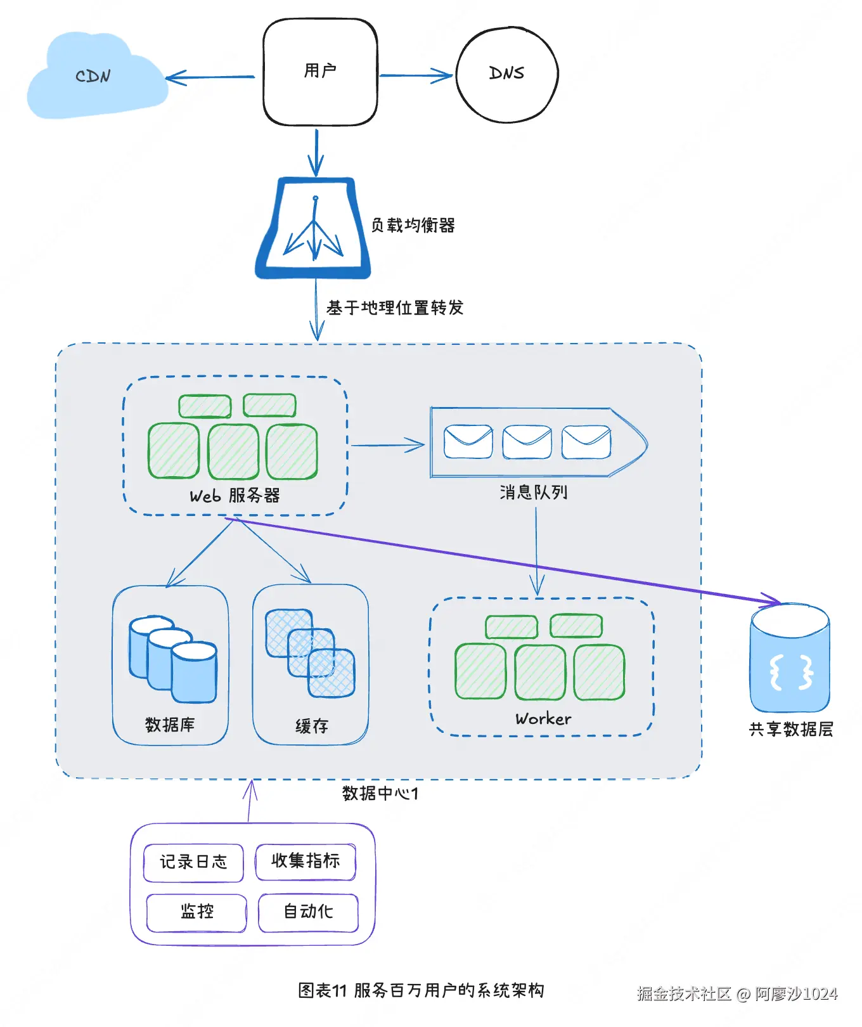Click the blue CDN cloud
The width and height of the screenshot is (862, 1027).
96,77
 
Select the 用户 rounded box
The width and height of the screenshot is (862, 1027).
320,72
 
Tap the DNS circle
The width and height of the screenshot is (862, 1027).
507,74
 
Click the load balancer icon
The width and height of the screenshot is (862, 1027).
313,228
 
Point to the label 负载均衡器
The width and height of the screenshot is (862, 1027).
413,225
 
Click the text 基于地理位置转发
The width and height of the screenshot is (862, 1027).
395,308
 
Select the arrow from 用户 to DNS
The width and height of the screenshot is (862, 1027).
416,75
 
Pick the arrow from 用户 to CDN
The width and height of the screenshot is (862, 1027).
210,77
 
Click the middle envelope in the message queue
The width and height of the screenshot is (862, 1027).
527,442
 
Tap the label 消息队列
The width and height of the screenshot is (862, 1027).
533,492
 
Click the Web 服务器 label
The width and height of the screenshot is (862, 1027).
235,496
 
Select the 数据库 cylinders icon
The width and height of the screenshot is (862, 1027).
172,659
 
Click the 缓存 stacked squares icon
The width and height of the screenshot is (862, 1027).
310,653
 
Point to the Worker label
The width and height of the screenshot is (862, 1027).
543,719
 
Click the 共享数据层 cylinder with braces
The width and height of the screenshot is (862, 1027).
790,658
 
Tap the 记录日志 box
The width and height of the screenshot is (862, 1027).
193,863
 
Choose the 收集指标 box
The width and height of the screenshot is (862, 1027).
306,862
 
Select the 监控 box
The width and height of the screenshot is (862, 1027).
196,913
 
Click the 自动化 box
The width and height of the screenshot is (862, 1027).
308,913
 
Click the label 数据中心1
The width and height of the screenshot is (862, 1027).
380,794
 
